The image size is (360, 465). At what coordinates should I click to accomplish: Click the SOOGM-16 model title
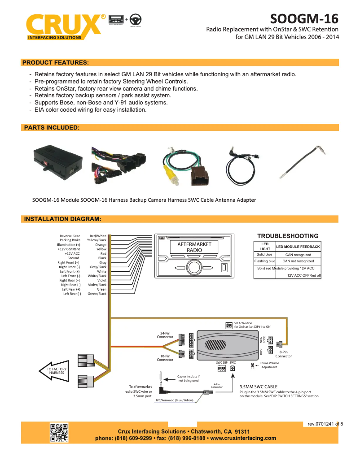click(304, 19)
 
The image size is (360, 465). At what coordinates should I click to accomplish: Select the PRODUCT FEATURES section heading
click(56, 62)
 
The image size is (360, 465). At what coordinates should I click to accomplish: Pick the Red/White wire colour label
click(98, 236)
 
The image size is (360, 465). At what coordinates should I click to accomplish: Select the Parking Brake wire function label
click(70, 240)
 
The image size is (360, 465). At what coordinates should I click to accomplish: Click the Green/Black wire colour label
click(97, 294)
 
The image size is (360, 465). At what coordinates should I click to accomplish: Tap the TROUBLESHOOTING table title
click(288, 236)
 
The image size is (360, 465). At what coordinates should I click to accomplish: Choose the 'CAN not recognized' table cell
click(298, 261)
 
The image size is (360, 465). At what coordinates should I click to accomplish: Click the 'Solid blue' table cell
click(264, 254)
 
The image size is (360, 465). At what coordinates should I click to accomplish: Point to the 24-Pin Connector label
click(165, 335)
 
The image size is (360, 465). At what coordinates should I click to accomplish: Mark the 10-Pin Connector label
click(165, 358)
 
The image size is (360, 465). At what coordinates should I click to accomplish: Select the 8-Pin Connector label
click(284, 354)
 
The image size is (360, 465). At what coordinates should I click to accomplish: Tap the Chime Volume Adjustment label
click(269, 365)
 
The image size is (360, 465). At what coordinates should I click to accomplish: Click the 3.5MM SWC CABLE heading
click(259, 387)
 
